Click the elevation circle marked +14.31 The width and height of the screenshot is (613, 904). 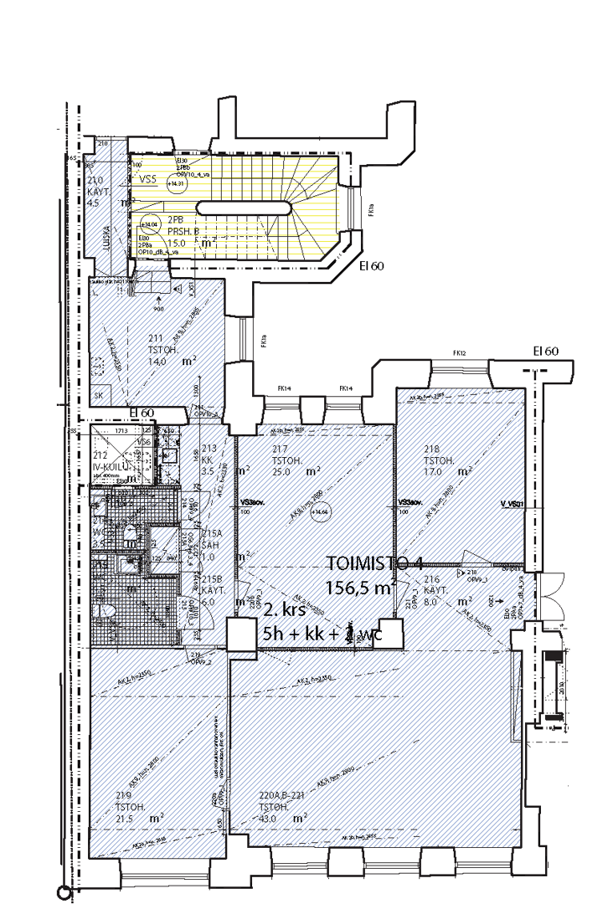pyautogui.click(x=175, y=183)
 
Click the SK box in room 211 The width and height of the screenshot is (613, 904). pyautogui.click(x=99, y=394)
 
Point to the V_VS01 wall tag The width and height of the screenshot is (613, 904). pyautogui.click(x=511, y=504)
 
